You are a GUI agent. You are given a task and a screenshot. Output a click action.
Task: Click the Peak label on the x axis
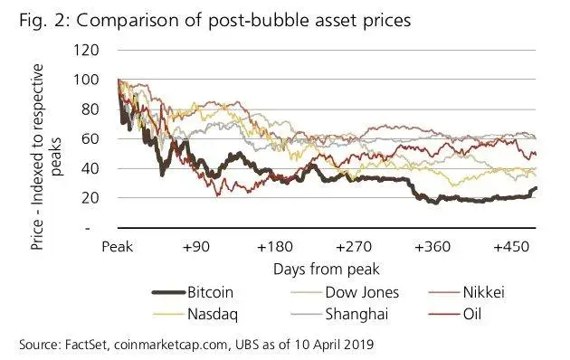point(119,246)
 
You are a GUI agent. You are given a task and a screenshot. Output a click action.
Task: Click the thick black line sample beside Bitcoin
point(164,293)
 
